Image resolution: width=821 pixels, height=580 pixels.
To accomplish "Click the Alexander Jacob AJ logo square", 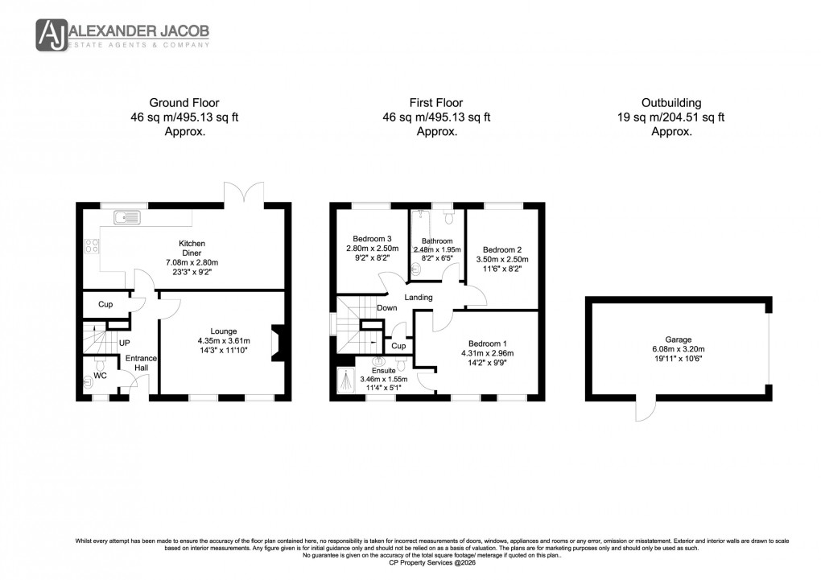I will coord(52,35).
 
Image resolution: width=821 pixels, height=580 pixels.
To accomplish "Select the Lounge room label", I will coord(224,331).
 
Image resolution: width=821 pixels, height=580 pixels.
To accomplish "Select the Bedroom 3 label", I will coord(373,238).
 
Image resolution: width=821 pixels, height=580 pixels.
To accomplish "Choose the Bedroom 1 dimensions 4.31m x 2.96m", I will coord(487,353).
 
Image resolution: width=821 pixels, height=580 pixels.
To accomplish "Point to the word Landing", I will coord(419,298).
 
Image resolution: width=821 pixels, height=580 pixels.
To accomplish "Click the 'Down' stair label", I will coord(386,308).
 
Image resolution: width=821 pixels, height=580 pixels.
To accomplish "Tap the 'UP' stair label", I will coord(125,343).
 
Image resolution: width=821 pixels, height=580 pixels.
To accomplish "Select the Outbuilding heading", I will coord(671,103).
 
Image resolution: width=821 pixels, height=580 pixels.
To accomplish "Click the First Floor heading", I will coord(437,103).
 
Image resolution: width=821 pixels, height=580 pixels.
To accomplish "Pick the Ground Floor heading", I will coord(184,103).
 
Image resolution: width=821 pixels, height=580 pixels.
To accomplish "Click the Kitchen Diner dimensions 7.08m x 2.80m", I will coord(192,262).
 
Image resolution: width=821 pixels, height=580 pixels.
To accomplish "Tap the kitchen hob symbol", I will coord(91,247).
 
